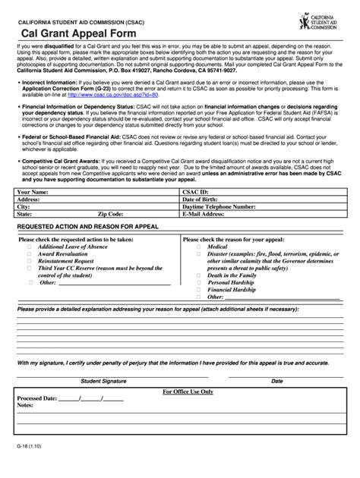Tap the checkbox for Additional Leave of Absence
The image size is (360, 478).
pos(30,247)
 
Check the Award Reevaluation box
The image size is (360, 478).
pos(30,253)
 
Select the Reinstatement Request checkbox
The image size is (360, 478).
pos(30,260)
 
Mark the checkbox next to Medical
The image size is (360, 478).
pos(198,247)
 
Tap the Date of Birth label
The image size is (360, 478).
pos(201,200)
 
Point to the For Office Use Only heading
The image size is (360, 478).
pos(188,392)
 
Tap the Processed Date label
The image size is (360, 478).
pos(36,398)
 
